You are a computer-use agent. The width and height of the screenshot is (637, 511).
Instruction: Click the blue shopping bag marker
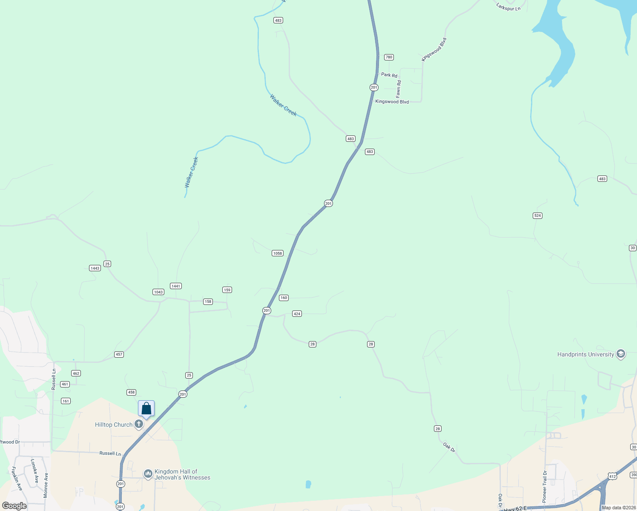pos(146,409)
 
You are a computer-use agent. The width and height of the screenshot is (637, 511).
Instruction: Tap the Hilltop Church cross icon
pos(139,424)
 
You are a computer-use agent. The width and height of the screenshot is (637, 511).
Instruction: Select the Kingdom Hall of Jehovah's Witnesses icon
pos(148,474)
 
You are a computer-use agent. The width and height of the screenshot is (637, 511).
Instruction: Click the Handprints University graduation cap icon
pos(621,354)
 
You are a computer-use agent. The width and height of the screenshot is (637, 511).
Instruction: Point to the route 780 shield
pos(389,57)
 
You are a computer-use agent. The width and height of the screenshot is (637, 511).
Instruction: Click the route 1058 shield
pos(278,253)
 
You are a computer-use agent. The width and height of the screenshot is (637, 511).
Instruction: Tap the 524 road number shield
pos(537,215)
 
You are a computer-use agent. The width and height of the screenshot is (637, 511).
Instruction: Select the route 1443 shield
pos(95,268)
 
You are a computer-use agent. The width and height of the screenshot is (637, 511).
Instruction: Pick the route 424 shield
pos(297,314)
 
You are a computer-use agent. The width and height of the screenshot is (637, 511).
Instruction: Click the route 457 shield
pos(119,354)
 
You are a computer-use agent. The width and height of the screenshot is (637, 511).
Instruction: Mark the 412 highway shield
pos(612,476)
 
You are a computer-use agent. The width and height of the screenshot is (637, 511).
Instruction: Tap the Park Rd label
pos(389,75)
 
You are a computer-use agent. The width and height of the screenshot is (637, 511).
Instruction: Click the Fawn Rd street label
pos(399,89)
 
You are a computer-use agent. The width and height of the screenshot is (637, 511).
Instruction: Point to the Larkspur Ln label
pos(508,7)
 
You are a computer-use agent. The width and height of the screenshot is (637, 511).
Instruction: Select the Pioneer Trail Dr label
pos(545,487)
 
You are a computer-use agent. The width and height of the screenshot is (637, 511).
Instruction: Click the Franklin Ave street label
pos(17,479)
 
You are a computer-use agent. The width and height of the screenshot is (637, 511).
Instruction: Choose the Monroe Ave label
pos(46,485)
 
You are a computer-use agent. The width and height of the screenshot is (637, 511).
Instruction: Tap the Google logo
pos(14,506)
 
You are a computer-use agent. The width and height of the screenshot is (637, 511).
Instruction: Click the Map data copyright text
pos(618,508)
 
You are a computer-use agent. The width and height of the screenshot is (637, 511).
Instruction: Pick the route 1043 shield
pos(158,292)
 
